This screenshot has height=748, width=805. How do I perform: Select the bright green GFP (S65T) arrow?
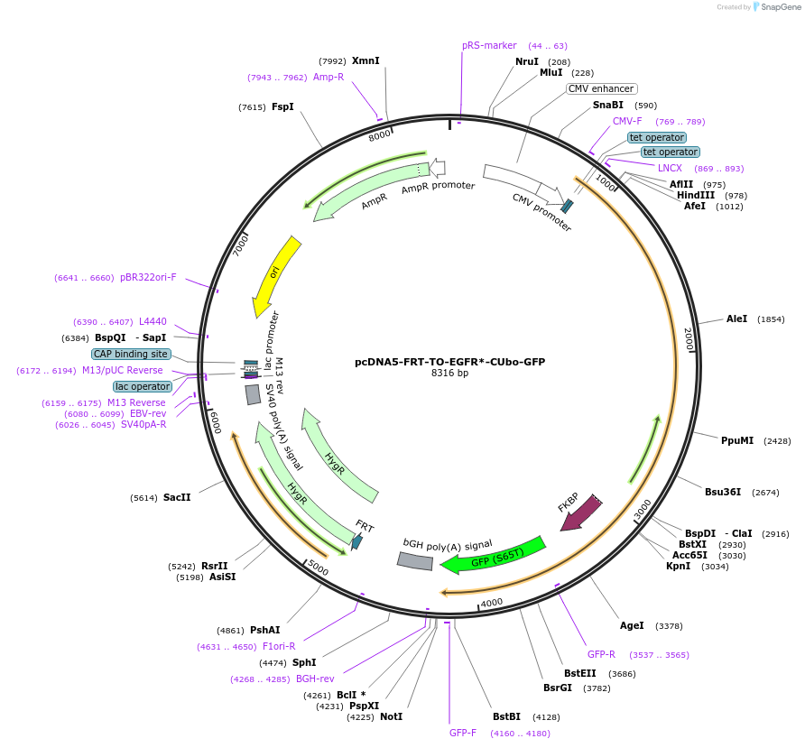point(494,556)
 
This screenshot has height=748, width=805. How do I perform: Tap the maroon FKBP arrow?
point(581,513)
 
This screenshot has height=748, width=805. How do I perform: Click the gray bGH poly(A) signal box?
point(414,561)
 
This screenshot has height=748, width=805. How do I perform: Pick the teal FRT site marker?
point(357,541)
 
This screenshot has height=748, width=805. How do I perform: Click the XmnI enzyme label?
point(365,61)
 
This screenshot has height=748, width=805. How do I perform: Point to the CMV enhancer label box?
point(601,89)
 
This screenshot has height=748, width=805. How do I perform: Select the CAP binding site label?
point(131,354)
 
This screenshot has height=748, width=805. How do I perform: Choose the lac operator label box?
point(142,386)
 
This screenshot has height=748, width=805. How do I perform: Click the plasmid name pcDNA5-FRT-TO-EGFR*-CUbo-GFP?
point(449,362)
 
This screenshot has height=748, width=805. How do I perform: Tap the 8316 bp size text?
point(449,374)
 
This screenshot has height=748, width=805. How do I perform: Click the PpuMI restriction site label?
point(736,440)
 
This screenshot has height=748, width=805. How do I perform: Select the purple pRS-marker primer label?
point(489,45)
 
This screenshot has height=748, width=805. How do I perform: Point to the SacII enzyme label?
point(177,497)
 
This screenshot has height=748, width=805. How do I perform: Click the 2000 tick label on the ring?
point(688,340)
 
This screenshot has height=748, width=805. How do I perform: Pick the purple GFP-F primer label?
point(463,733)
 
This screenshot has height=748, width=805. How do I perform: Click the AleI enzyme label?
point(736,319)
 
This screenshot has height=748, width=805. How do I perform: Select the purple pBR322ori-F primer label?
point(148,278)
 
